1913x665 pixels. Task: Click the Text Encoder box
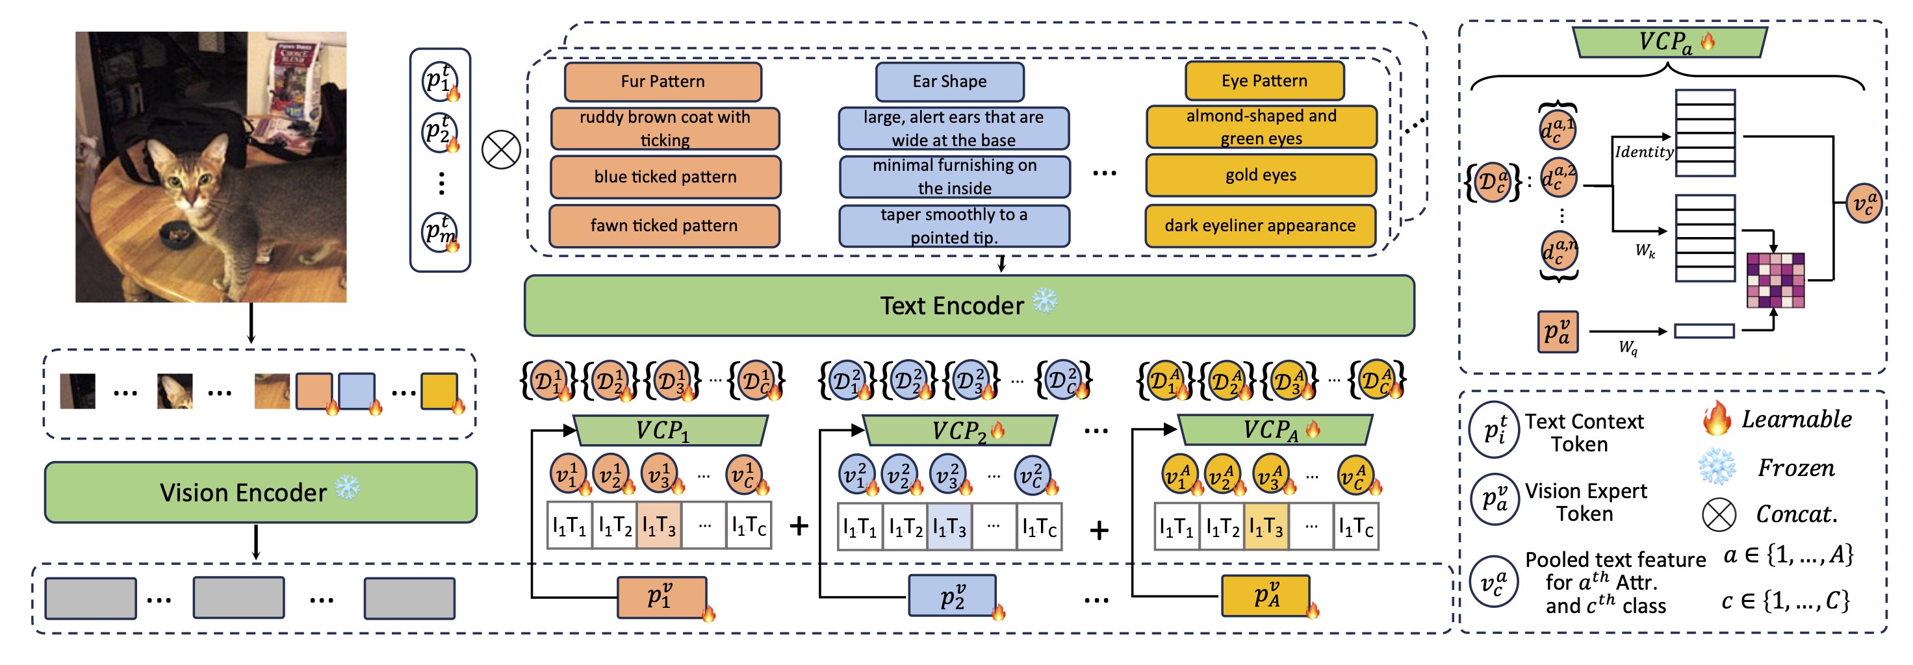(x=968, y=306)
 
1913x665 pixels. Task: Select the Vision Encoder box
(x=260, y=492)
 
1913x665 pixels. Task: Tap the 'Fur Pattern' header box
(x=662, y=82)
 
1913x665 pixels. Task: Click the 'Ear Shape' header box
(x=949, y=82)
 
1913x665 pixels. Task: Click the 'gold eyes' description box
(x=1260, y=175)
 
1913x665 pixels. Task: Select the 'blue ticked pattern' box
(x=665, y=177)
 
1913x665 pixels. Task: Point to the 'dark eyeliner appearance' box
(x=1259, y=225)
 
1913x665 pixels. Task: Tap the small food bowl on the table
(x=177, y=234)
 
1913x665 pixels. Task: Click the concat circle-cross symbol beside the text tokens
(x=501, y=150)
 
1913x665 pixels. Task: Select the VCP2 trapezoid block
(x=958, y=431)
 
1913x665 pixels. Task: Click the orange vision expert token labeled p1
(x=661, y=597)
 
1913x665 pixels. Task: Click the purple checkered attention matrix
(x=1775, y=281)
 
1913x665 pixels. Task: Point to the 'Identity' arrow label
(x=1643, y=152)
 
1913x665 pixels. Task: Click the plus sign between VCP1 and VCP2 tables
(x=799, y=526)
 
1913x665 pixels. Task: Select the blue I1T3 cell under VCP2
(x=949, y=527)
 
